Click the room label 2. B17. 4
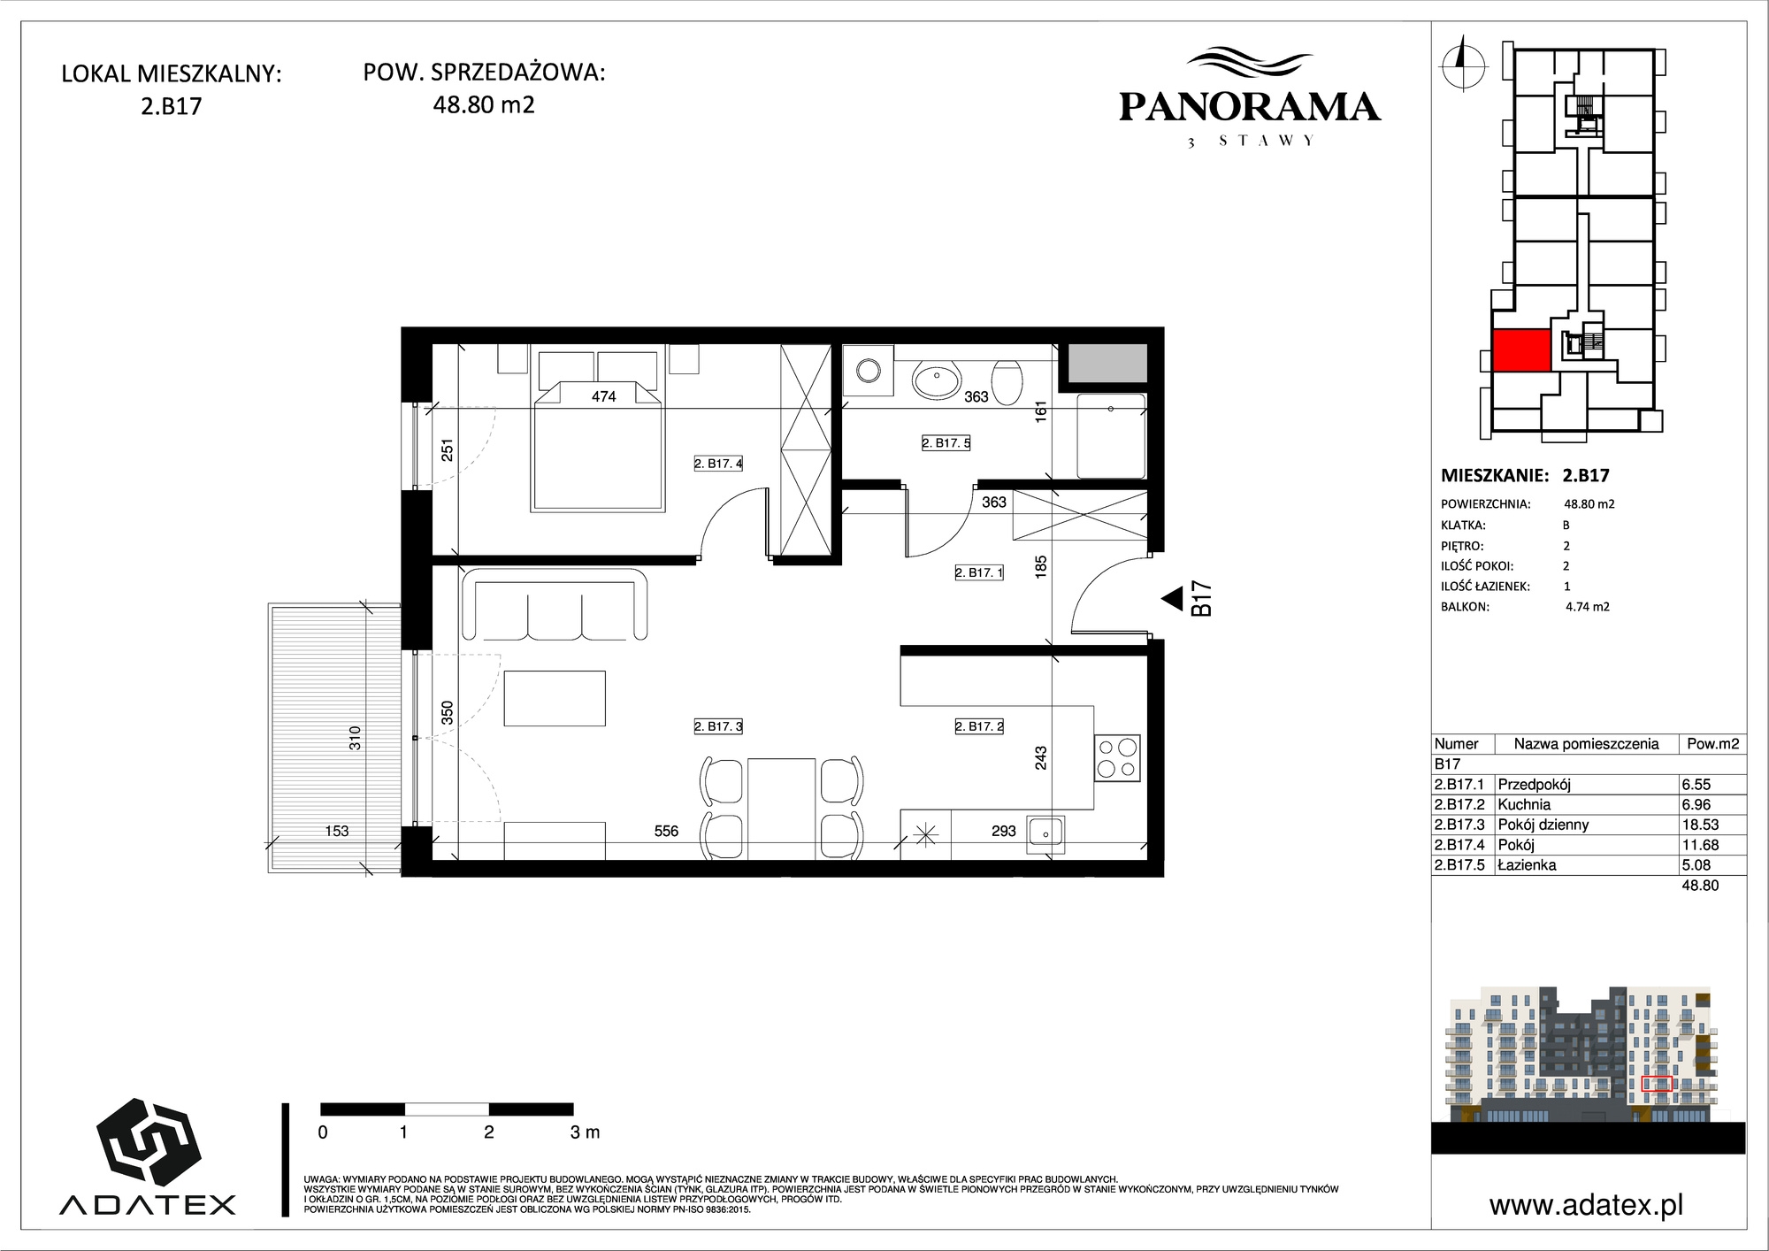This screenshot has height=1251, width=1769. (718, 463)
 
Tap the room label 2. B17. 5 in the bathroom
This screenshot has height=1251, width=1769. (946, 442)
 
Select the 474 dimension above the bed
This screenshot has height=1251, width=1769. (603, 396)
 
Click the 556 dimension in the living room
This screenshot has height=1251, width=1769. (666, 831)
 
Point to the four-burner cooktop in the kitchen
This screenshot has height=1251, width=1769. (1117, 758)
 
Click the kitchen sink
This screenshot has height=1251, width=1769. (1045, 832)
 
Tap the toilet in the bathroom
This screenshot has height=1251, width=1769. (1007, 380)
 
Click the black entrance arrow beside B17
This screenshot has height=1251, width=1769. (1172, 599)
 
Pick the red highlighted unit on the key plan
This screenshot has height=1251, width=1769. (1521, 350)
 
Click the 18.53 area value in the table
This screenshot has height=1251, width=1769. (1700, 825)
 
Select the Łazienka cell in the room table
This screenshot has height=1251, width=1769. (1527, 865)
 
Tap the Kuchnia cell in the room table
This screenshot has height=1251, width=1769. (1524, 804)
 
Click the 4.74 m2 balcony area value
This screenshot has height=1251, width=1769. (1588, 607)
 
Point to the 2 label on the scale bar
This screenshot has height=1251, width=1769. (488, 1132)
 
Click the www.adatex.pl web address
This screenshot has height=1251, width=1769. (1586, 1205)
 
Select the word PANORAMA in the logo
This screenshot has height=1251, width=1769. (1250, 107)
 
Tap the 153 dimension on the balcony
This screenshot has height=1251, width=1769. (337, 831)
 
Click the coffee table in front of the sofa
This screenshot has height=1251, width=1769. (555, 698)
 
